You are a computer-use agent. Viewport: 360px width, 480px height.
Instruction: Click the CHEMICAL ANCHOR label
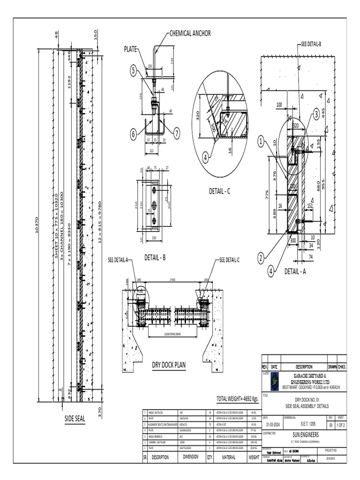[x=190, y=33]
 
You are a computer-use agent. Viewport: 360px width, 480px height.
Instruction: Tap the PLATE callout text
[x=131, y=49]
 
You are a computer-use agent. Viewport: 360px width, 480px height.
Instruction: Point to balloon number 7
[x=177, y=133]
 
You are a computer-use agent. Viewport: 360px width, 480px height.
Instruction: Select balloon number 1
[x=261, y=140]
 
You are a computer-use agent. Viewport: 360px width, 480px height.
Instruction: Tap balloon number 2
[x=261, y=257]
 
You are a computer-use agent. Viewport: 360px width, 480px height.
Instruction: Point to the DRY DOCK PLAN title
[x=166, y=365]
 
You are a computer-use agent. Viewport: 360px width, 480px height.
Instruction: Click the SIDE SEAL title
[x=75, y=419]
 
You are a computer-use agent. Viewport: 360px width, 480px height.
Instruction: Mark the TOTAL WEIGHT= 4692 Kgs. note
[x=237, y=399]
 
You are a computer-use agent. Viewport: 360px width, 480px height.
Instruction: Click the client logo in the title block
[x=273, y=380]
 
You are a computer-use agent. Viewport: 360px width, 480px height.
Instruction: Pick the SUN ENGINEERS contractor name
[x=303, y=435]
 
